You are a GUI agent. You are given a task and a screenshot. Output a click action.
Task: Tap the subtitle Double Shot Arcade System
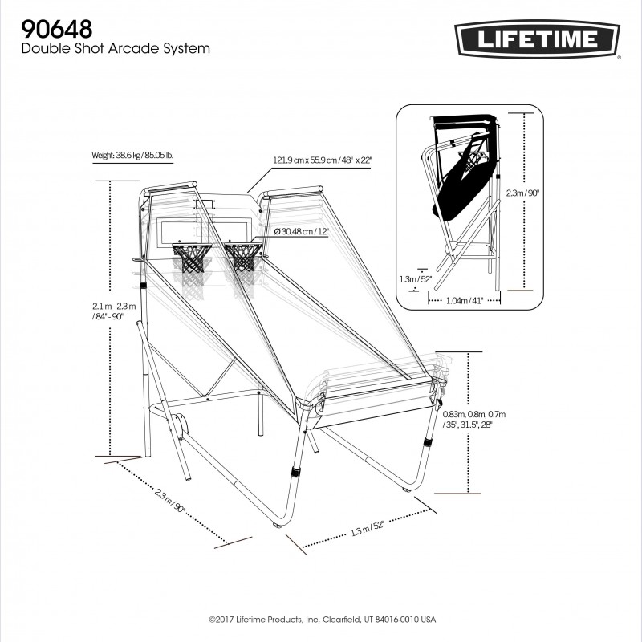116,49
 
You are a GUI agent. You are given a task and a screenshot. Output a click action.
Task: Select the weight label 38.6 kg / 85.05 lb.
132,155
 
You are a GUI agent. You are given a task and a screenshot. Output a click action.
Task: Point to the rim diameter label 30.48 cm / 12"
301,231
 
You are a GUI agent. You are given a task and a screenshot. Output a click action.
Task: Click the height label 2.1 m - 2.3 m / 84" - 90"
115,311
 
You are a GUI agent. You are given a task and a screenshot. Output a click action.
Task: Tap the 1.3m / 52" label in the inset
416,278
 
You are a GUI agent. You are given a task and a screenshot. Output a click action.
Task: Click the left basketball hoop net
193,258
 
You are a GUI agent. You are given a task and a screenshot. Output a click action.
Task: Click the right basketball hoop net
243,258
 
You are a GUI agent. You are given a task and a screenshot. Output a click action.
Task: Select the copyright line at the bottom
321,620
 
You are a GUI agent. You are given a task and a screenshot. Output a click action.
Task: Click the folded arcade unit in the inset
461,185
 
